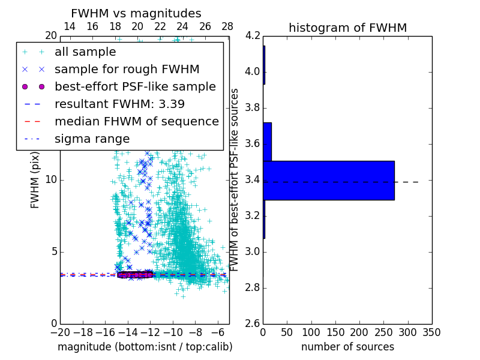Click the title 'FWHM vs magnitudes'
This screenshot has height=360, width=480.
pyautogui.click(x=136, y=13)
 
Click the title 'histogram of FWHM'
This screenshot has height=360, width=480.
pyautogui.click(x=347, y=28)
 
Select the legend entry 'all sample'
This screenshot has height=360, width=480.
pyautogui.click(x=85, y=52)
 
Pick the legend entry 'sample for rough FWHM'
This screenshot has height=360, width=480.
pyautogui.click(x=127, y=69)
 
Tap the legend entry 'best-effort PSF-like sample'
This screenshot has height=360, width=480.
pyautogui.click(x=135, y=86)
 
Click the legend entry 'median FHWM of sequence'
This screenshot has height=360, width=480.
pyautogui.click(x=136, y=121)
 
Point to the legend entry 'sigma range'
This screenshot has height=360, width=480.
pyautogui.click(x=92, y=139)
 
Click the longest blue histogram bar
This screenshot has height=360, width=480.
pyautogui.click(x=329, y=180)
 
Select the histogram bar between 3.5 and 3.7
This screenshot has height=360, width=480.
pyautogui.click(x=267, y=142)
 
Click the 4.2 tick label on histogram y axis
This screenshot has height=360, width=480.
pyautogui.click(x=253, y=36)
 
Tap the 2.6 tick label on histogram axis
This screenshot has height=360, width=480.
pyautogui.click(x=253, y=323)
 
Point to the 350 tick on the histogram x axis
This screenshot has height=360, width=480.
pyautogui.click(x=431, y=332)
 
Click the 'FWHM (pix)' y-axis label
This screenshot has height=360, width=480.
pyautogui.click(x=35, y=179)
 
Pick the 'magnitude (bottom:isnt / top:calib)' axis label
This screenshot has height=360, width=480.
pyautogui.click(x=145, y=347)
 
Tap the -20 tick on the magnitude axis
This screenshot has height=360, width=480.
pyautogui.click(x=60, y=332)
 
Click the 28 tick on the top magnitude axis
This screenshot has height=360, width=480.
pyautogui.click(x=227, y=27)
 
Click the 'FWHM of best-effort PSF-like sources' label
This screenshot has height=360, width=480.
pyautogui.click(x=235, y=179)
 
